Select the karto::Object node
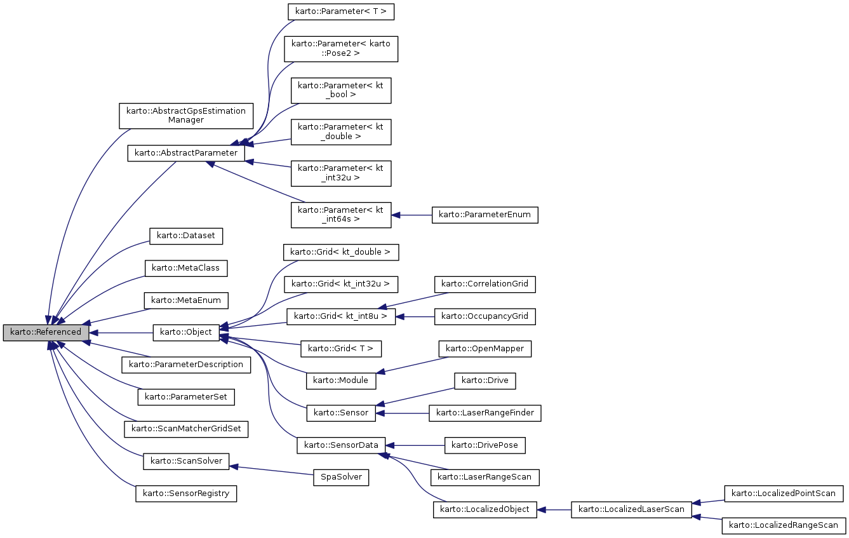(x=186, y=332)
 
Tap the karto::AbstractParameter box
(x=186, y=153)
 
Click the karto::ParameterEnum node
(x=485, y=215)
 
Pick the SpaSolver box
(x=341, y=478)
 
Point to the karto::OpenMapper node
(x=485, y=349)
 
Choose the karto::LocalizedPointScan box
(x=784, y=493)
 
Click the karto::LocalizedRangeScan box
(x=784, y=525)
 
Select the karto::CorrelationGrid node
(x=485, y=284)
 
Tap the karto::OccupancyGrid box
(x=485, y=316)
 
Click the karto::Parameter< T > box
(x=336, y=11)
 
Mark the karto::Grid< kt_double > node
(x=341, y=252)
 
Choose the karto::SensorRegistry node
(x=186, y=494)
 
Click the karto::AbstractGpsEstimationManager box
(x=186, y=116)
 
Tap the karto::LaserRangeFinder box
(x=485, y=414)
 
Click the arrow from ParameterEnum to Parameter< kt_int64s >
(x=411, y=215)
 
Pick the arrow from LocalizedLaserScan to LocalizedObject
(x=554, y=509)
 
